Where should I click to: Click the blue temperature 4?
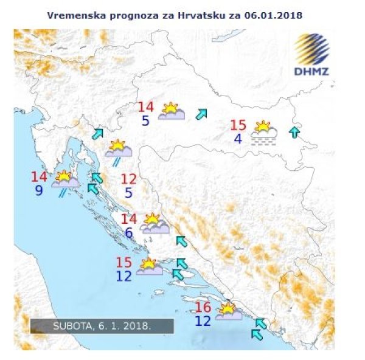238,139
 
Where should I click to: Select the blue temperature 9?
39,191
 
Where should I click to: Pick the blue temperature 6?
128,232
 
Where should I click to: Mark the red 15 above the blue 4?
238,125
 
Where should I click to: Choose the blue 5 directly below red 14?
145,120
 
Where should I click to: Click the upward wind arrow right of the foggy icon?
294,132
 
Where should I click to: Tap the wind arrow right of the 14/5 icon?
201,114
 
